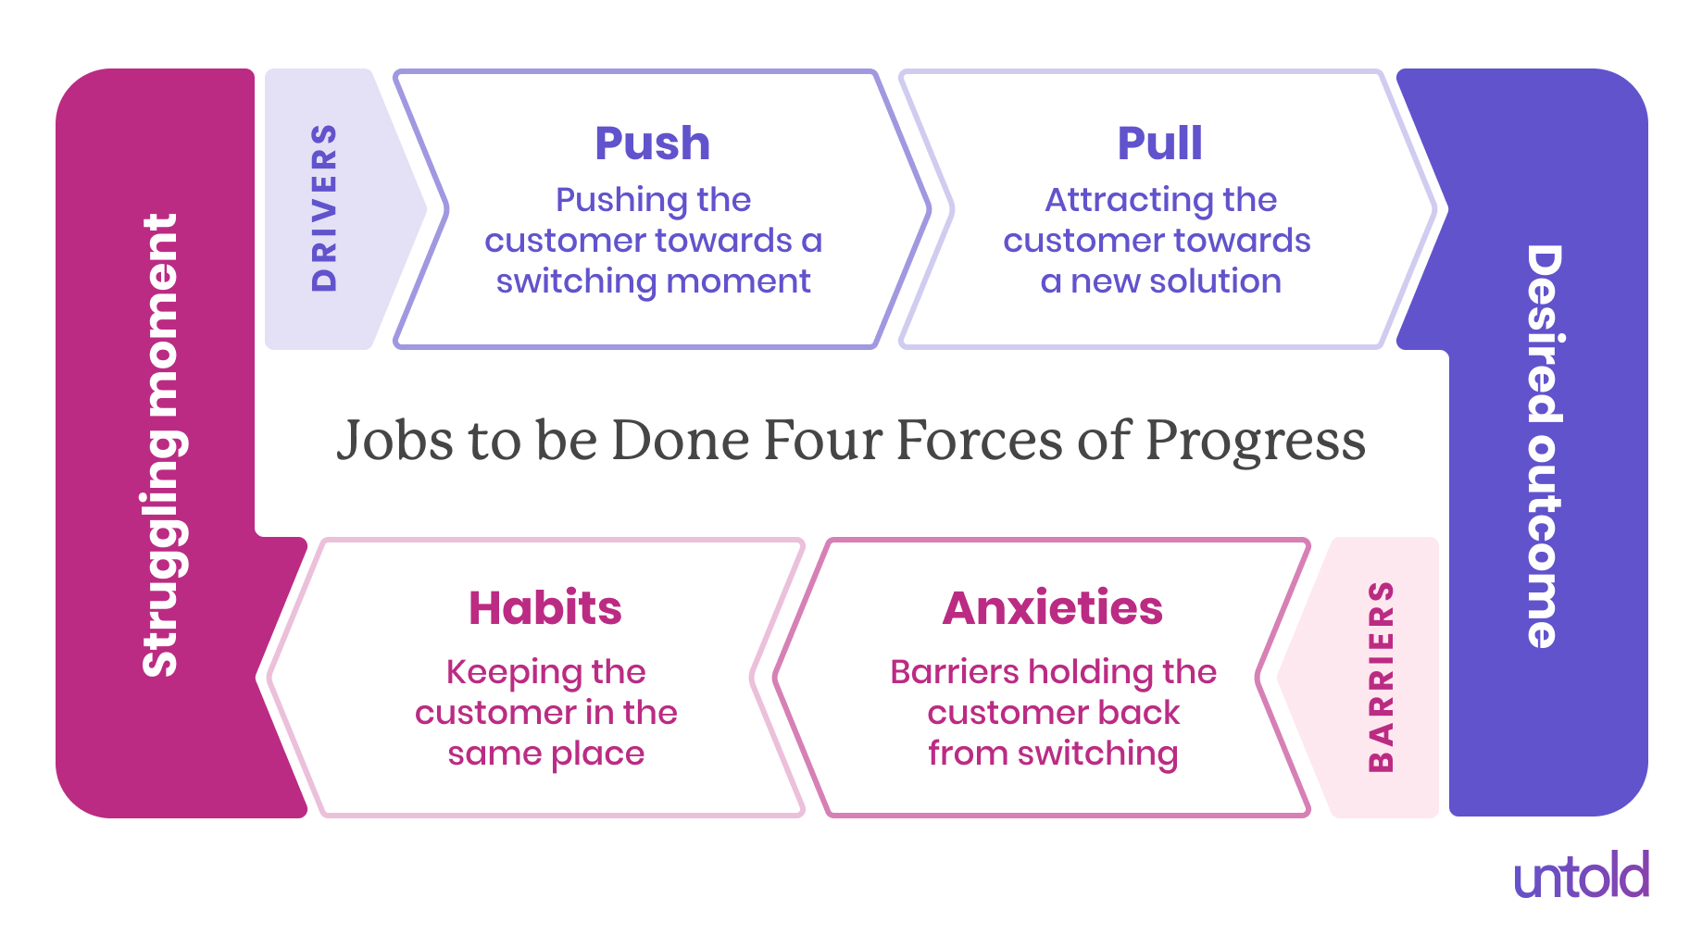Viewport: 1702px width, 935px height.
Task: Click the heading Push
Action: (652, 143)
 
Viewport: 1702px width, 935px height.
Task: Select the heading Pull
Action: (1159, 143)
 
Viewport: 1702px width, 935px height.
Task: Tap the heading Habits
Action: (544, 608)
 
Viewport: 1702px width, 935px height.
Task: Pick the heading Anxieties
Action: (1052, 608)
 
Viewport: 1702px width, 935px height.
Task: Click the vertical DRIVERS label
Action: (324, 208)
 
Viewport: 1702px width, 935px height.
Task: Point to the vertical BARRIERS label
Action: (1381, 677)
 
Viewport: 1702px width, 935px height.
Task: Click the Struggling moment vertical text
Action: (159, 445)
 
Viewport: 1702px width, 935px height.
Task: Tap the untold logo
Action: (1581, 877)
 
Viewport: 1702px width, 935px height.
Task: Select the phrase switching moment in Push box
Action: (653, 281)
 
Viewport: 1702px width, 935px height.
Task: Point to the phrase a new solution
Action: (1160, 281)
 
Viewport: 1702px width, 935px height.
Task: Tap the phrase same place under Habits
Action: (545, 754)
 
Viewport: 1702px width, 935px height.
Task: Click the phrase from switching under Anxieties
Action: (1053, 754)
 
